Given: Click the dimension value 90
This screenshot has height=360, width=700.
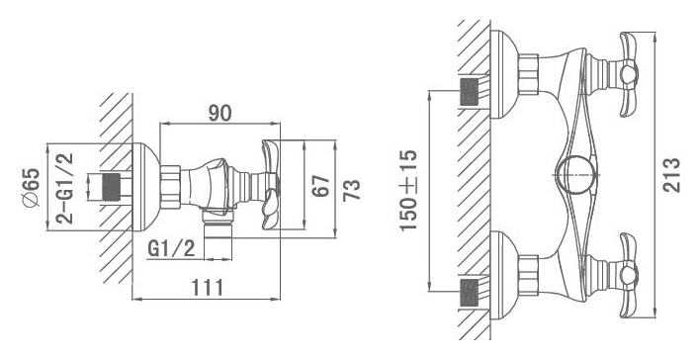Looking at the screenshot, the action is tap(220, 113).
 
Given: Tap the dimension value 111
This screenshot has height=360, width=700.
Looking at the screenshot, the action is tap(208, 288).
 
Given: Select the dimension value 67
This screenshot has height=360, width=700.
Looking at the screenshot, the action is tap(321, 186).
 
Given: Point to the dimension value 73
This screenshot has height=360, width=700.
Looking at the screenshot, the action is tap(352, 190).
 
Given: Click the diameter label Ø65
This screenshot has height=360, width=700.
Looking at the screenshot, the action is tap(32, 187).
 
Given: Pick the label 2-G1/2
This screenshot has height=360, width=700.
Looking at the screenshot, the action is tap(65, 188).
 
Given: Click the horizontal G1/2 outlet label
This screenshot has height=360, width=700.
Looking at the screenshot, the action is tap(171, 249).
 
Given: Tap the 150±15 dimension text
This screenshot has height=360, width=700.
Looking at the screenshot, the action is tap(408, 190).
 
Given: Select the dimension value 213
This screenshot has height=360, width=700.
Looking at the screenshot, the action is tap(671, 175).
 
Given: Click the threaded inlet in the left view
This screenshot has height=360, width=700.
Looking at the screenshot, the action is tap(112, 187).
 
